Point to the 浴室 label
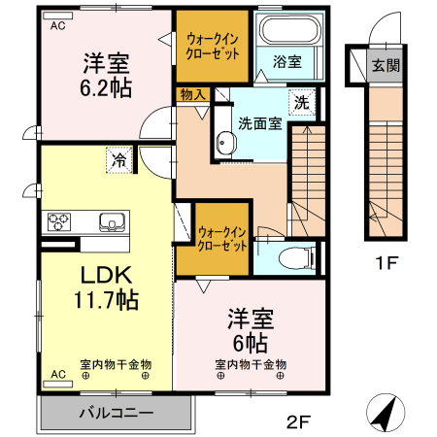coord(286,60)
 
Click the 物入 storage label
coord(192,94)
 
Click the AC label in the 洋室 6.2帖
coord(58,24)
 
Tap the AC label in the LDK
coord(57,373)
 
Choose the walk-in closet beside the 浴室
coord(213,44)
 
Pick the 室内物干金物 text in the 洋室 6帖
coord(251,365)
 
